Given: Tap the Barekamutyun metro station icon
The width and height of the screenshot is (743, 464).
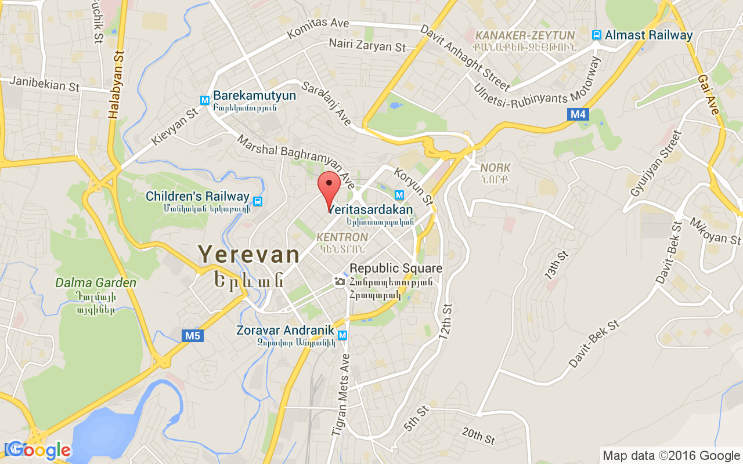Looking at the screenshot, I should point(204,100).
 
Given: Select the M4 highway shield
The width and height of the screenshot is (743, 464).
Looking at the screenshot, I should point(578,114).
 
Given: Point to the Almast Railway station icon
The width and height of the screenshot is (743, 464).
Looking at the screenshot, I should point(596,35).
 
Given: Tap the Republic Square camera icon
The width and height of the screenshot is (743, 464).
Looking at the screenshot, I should point(340,281).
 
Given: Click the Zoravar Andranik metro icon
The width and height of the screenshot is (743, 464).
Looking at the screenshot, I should point(342,335).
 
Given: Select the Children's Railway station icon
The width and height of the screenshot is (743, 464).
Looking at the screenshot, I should point(257,201).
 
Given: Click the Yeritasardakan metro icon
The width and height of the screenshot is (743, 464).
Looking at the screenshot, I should point(399,195).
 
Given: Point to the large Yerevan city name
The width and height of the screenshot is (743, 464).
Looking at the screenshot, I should point(249,254).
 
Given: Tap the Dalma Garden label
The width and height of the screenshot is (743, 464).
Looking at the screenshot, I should point(96,283).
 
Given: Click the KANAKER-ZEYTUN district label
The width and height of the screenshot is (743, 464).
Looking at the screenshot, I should point(525,35).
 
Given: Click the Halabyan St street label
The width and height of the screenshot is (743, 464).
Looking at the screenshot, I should point(117,85).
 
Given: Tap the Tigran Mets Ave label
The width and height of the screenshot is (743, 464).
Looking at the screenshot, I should point(341,394).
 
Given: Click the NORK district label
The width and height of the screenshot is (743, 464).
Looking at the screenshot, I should point(495,168).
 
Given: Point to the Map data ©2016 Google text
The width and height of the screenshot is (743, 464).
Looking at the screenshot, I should point(671,456).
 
